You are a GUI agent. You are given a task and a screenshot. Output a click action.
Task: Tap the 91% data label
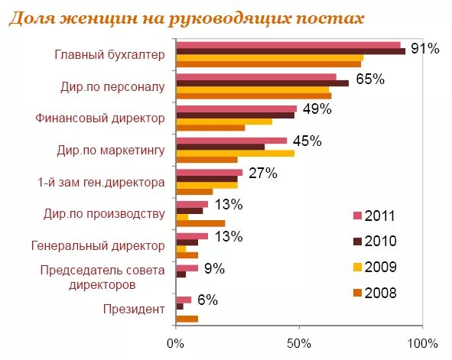[424, 49]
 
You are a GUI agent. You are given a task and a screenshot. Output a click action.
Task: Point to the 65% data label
[369, 79]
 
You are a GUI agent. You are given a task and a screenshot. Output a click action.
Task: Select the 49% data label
[317, 109]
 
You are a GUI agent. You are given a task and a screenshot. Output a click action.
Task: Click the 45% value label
[307, 141]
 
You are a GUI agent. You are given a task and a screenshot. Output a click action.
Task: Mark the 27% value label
[262, 173]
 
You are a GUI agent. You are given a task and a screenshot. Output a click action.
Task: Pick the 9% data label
[213, 268]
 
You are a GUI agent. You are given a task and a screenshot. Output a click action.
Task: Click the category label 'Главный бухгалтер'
[109, 55]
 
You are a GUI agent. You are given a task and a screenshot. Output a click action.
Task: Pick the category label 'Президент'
[134, 309]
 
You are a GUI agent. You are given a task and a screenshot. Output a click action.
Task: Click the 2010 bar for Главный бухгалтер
[291, 51]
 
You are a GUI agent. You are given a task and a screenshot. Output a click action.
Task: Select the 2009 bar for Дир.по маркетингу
[235, 153]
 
